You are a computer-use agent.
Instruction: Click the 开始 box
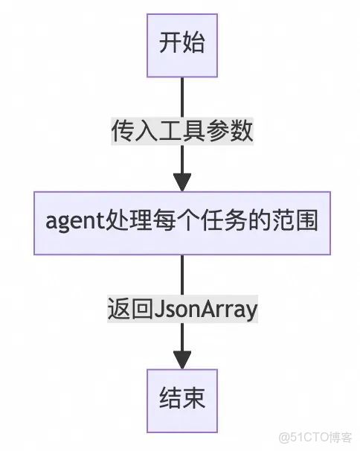[182, 43]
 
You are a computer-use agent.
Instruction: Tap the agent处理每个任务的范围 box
[182, 221]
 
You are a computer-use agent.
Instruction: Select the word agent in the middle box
[71, 222]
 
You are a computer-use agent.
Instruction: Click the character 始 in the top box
[193, 43]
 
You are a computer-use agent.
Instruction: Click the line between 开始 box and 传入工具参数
[182, 93]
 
